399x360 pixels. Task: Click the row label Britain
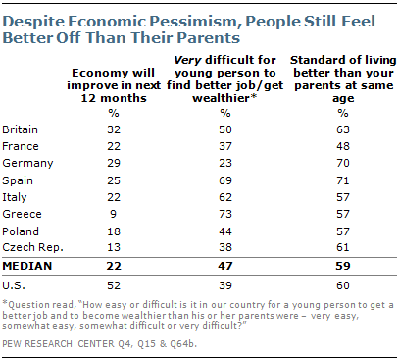point(20,129)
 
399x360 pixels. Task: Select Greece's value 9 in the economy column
point(113,214)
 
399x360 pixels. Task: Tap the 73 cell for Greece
point(225,214)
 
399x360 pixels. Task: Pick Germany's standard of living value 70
point(343,163)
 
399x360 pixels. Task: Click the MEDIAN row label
point(27,266)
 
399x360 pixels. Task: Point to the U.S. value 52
point(114,285)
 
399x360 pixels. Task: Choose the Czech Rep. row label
point(32,247)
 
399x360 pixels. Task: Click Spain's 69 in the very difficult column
point(225,180)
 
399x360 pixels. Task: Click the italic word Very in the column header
point(187,60)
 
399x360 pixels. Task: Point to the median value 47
point(225,266)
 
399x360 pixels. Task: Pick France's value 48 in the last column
point(343,146)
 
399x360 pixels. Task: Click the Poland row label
point(21,231)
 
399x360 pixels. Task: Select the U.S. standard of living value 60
point(343,285)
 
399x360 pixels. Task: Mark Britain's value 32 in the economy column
point(114,129)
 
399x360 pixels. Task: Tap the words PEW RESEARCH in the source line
point(37,344)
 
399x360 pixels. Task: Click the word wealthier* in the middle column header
point(224,98)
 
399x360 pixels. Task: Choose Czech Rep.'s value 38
point(225,247)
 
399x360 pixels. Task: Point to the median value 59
point(343,266)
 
